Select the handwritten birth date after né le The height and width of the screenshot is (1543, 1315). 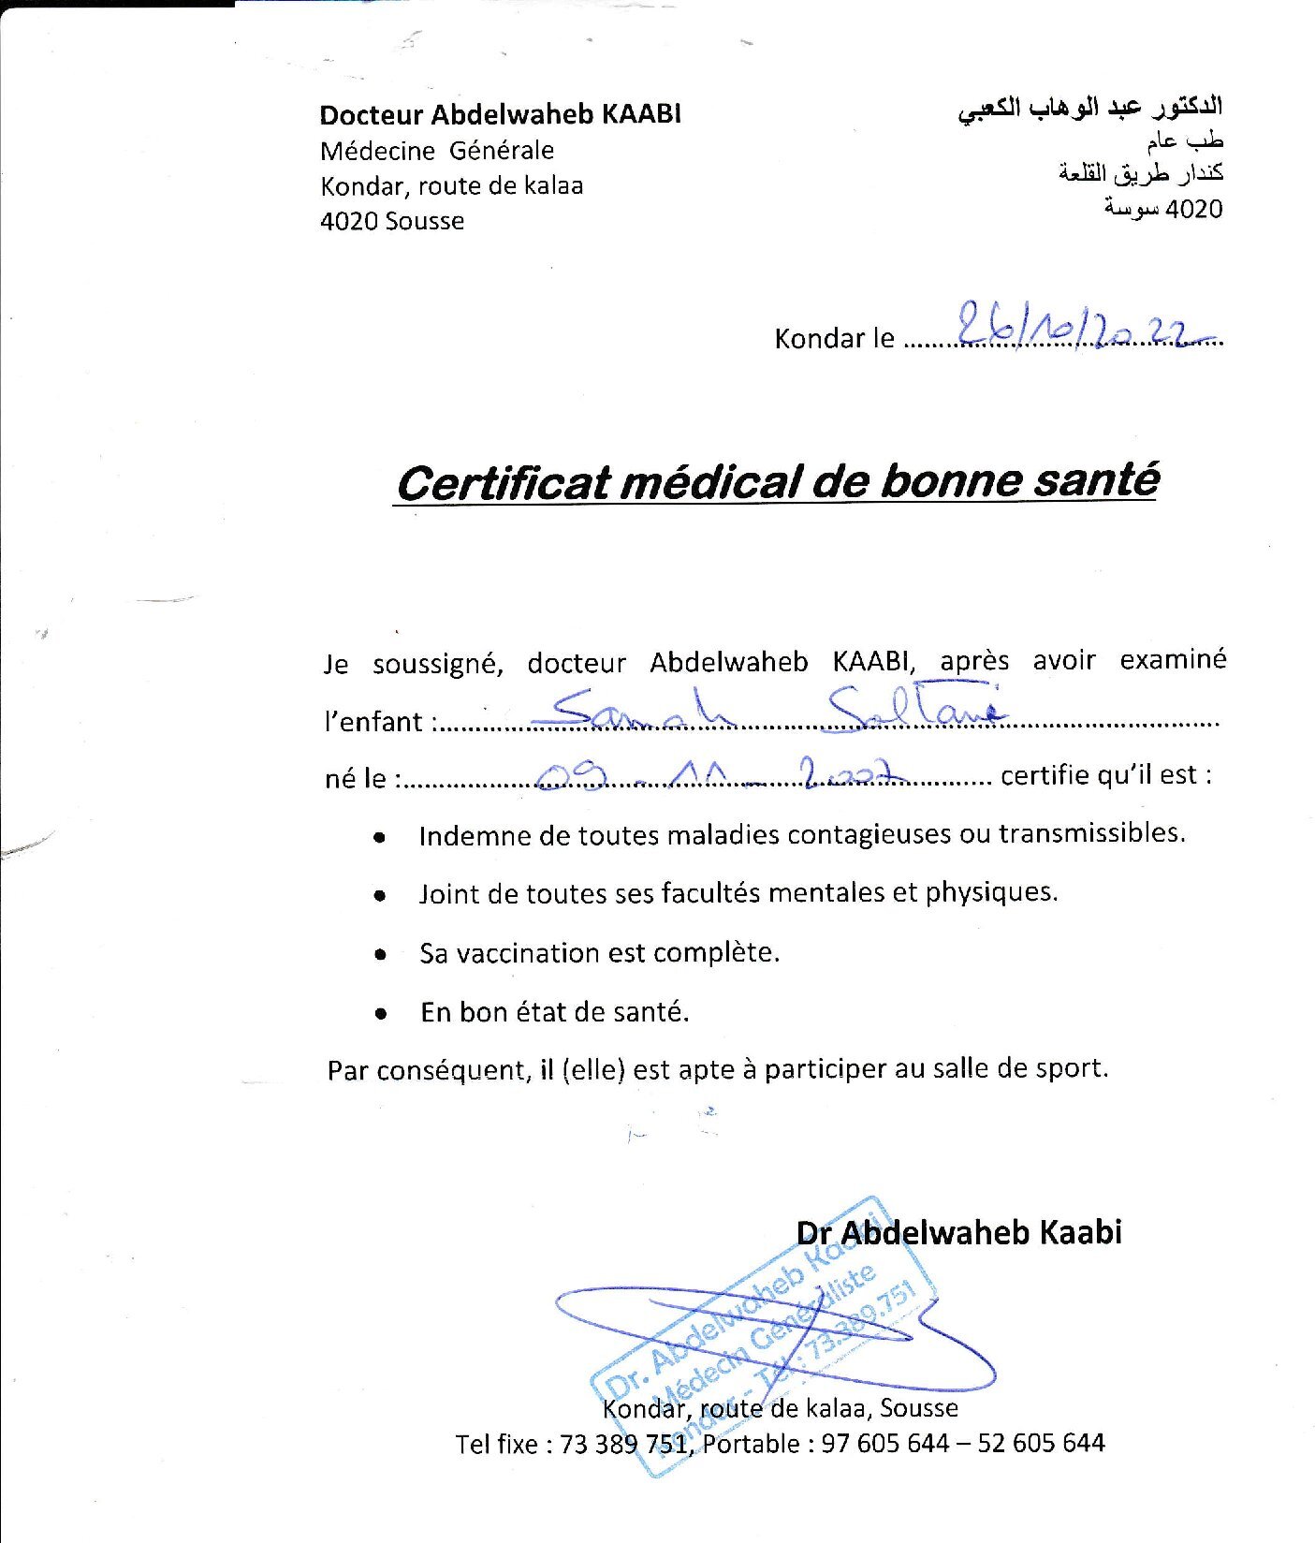(x=721, y=772)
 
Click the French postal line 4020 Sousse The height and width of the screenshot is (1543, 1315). (x=392, y=221)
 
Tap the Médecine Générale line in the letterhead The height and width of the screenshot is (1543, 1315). (x=437, y=151)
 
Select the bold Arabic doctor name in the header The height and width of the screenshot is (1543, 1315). (x=1089, y=109)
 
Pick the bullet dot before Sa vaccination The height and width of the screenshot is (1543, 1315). (x=380, y=955)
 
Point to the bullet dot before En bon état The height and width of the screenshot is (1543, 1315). (x=380, y=1014)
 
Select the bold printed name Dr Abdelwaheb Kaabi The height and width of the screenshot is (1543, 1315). (x=958, y=1232)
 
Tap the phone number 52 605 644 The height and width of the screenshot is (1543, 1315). (x=1041, y=1443)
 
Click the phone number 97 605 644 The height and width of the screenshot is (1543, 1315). (x=884, y=1443)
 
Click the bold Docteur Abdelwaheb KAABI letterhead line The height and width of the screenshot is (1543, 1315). (x=500, y=114)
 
